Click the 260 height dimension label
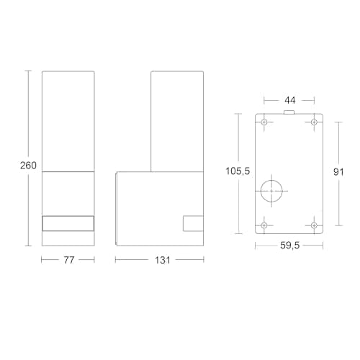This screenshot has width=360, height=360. pos(28,166)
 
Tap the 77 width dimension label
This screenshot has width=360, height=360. pos(69,260)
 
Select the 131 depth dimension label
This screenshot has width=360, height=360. pos(163,260)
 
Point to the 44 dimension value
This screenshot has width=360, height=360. pos(289,100)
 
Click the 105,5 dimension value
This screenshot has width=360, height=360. pos(238,171)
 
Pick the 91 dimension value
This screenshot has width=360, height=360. pos(338,172)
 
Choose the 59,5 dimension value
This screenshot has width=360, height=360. pos(290,246)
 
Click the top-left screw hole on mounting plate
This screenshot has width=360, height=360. pos(264,122)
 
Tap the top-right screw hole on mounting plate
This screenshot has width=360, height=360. pos(314,122)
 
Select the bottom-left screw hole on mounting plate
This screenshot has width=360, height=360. pos(264,225)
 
